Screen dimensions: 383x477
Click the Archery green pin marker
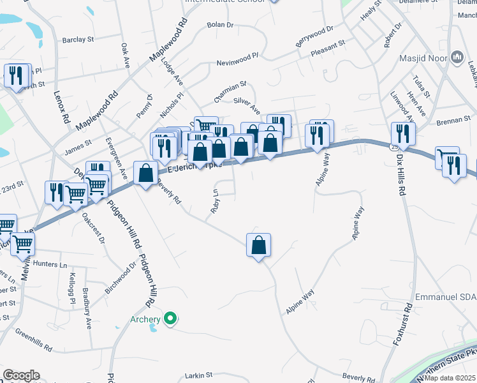(170, 318)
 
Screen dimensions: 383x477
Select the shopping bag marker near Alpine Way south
(258, 245)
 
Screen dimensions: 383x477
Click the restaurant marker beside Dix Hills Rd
(402, 133)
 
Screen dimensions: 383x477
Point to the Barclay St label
(78, 40)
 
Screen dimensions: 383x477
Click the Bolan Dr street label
(221, 25)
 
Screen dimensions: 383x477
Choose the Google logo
(21, 375)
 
